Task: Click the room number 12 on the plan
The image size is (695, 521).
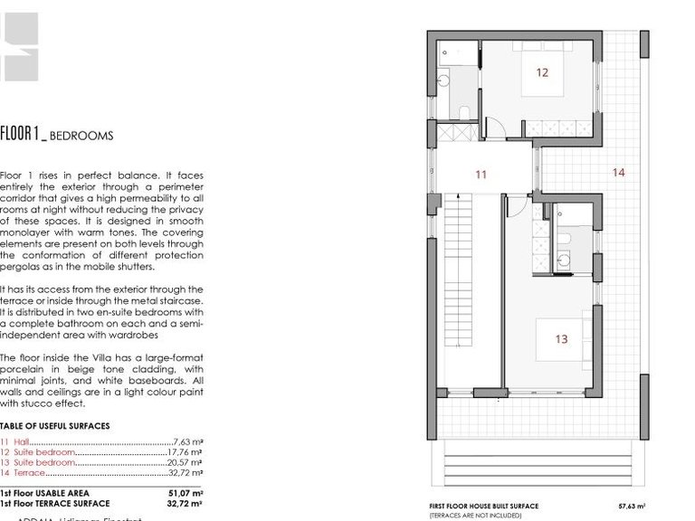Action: pos(542,72)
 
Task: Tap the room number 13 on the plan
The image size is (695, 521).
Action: pos(562,339)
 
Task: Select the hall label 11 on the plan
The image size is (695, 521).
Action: pos(481,175)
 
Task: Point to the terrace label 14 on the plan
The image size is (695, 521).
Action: pos(618,172)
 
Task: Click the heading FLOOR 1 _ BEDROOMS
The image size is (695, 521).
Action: pos(56,136)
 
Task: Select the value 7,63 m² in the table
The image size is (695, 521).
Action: pos(187,441)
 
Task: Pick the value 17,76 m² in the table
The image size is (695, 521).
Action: pos(185,451)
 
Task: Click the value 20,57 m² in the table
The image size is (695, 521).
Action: pos(185,461)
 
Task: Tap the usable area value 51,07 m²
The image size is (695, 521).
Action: pos(185,493)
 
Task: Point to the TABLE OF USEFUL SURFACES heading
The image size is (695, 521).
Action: pos(55,426)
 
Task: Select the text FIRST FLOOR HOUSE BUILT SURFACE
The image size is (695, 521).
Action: pos(483,507)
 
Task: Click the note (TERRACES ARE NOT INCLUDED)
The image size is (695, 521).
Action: pos(475,515)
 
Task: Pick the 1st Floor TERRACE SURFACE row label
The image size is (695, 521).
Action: pos(55,503)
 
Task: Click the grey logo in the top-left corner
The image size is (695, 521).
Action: pos(18,45)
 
